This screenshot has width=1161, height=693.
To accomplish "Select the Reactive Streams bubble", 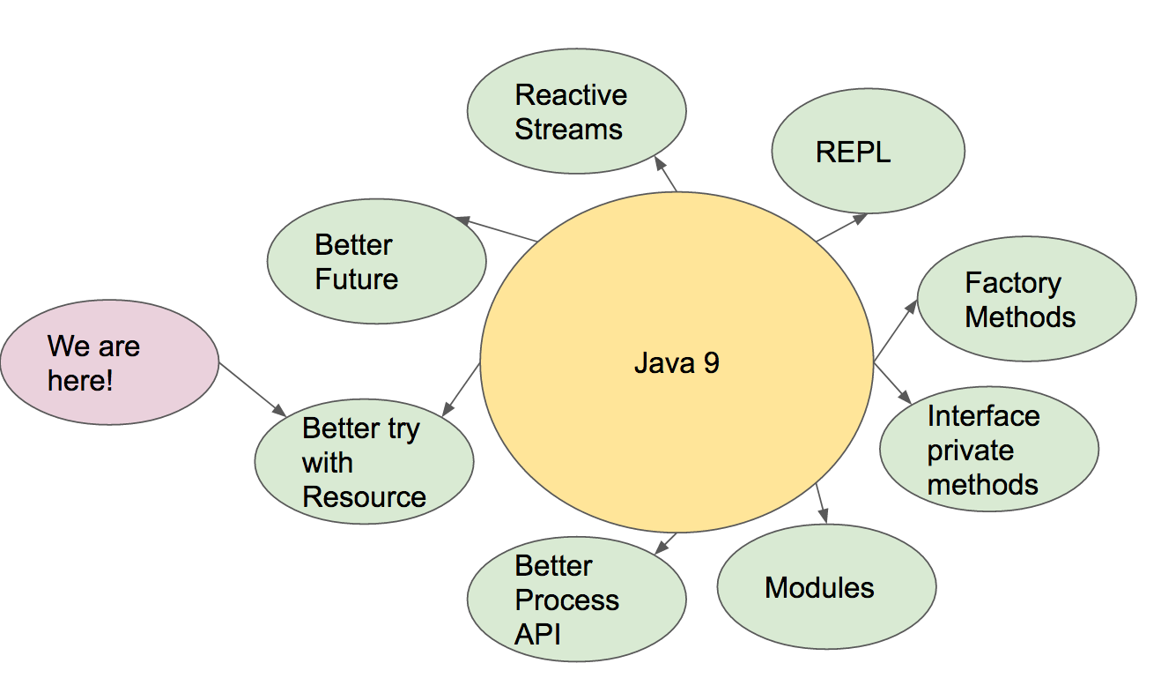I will point(575,112).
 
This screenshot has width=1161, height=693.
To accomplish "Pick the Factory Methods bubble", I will point(1026,299).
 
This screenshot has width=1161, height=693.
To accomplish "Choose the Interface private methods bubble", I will point(988,450).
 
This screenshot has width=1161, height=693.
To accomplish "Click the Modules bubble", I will point(826,587).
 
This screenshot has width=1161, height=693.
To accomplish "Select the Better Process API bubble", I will point(576,599).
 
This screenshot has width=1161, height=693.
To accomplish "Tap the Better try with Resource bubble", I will point(364,462).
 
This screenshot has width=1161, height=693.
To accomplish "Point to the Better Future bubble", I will point(376,262).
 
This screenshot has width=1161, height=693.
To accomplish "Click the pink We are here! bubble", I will point(109,362).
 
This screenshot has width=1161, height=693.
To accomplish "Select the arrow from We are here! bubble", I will point(252,389).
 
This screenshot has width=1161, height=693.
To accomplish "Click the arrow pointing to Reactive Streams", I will point(667,175).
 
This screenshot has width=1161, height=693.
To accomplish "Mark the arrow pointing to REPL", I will point(841,227).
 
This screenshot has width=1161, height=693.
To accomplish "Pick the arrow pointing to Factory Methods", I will point(895,331).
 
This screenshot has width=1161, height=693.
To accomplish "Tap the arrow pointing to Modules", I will point(823,503).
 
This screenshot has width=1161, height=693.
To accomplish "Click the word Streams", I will point(568,130).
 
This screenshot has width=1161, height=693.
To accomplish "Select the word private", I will point(970,451).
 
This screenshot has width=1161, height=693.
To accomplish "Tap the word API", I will point(537,634).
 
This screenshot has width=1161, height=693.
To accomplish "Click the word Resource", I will point(364,497).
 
